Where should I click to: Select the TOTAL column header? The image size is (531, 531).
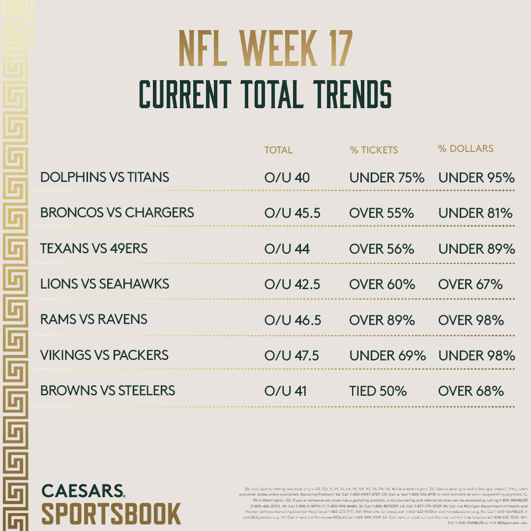(x=278, y=150)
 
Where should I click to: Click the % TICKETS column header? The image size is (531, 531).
(x=374, y=150)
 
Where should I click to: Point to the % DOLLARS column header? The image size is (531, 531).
(x=466, y=148)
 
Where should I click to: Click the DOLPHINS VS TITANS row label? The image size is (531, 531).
(x=105, y=177)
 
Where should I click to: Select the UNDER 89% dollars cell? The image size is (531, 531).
(x=476, y=249)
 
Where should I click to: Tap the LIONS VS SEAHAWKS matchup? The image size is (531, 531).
(x=105, y=284)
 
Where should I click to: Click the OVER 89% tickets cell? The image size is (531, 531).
(x=382, y=320)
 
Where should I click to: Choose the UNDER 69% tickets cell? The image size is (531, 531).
(x=387, y=355)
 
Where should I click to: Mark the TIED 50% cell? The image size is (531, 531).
(x=378, y=391)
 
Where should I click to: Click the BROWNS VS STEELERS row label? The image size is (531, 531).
(x=108, y=391)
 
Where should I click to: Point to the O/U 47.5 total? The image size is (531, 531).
(x=292, y=355)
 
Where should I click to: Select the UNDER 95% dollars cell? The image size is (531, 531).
(x=476, y=177)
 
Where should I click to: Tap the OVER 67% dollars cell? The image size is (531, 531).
(x=471, y=284)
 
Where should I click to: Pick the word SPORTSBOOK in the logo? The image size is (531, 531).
(x=111, y=513)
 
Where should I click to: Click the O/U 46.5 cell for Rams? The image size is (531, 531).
(x=293, y=320)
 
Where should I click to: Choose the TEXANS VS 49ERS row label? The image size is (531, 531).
(x=94, y=249)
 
